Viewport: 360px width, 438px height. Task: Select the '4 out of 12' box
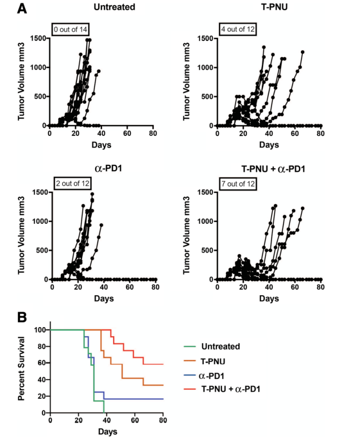(236, 28)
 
